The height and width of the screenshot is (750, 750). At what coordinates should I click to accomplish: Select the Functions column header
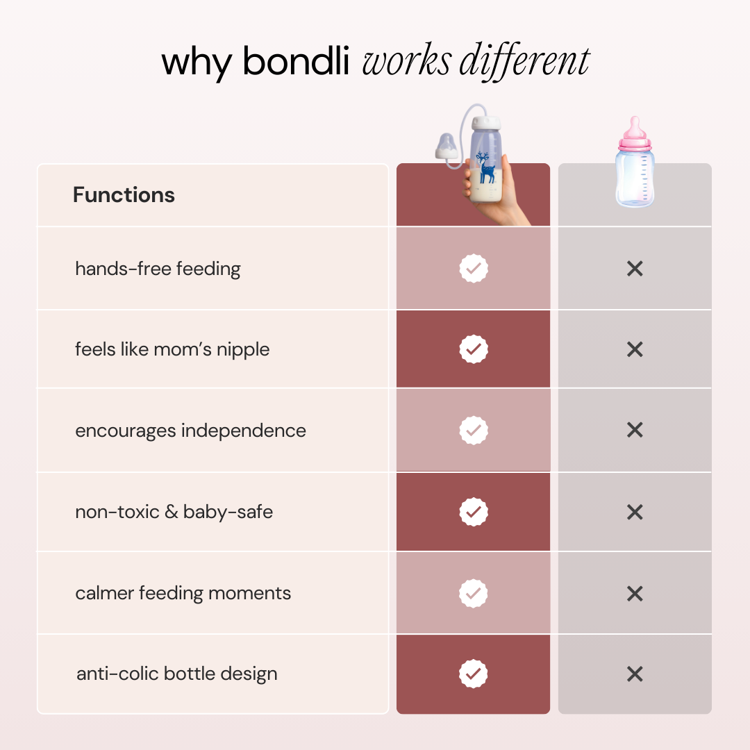pyautogui.click(x=124, y=195)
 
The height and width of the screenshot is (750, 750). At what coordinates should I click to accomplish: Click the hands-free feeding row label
pyautogui.click(x=158, y=269)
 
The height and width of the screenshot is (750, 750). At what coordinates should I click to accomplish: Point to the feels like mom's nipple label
pyautogui.click(x=172, y=349)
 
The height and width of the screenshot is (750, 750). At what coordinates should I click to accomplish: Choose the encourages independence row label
pyautogui.click(x=190, y=431)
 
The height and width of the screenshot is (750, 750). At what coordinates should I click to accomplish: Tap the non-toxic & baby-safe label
pyautogui.click(x=174, y=512)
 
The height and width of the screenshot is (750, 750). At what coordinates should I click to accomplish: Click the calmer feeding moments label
pyautogui.click(x=183, y=594)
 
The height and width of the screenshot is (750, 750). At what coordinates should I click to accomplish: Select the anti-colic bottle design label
pyautogui.click(x=177, y=674)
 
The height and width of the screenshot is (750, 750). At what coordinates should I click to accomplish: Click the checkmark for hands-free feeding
pyautogui.click(x=474, y=268)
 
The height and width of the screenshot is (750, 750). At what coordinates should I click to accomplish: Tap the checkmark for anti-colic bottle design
pyautogui.click(x=474, y=674)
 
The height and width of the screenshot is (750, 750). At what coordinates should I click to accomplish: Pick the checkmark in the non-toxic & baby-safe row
pyautogui.click(x=474, y=512)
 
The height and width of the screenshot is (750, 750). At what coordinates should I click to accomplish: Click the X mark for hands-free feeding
pyautogui.click(x=635, y=269)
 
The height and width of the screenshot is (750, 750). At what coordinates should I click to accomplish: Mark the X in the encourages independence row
pyautogui.click(x=635, y=431)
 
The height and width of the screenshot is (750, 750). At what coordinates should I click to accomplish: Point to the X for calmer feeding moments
pyautogui.click(x=635, y=594)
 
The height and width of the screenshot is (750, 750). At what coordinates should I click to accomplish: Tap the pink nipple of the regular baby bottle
pyautogui.click(x=634, y=130)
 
